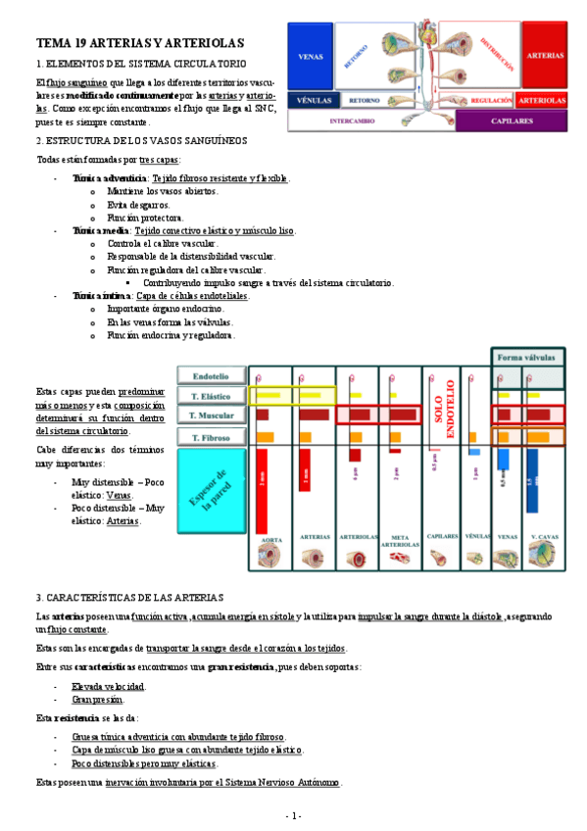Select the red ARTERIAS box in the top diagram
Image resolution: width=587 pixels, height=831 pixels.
[544, 56]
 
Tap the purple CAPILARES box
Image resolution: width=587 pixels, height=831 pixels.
[511, 121]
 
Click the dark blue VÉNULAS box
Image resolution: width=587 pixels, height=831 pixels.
[313, 100]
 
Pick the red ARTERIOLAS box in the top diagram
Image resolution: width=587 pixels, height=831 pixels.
[542, 100]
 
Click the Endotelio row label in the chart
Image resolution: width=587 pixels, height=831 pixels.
[211, 375]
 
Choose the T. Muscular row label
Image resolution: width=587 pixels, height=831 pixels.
[211, 415]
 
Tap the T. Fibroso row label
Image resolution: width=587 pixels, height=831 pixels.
[211, 436]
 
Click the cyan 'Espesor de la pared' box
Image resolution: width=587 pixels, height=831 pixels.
[213, 494]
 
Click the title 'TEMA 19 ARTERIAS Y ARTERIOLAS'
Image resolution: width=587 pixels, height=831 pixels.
[140, 43]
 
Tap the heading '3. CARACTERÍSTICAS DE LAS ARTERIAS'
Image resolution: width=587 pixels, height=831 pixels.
[130, 597]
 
